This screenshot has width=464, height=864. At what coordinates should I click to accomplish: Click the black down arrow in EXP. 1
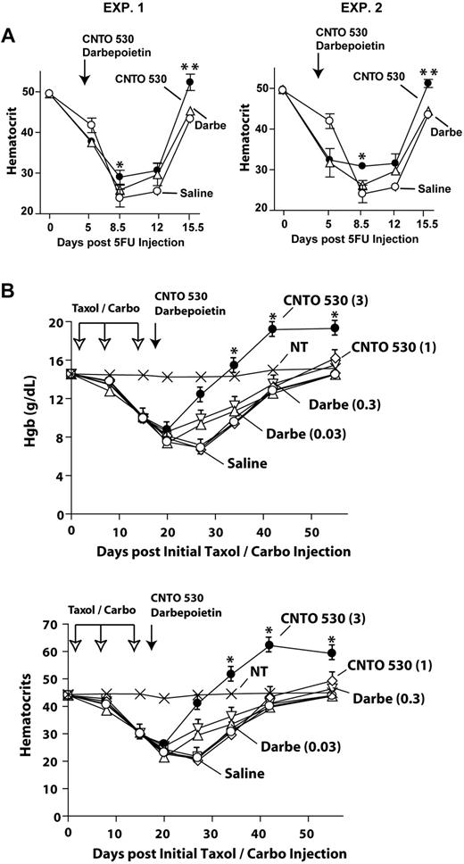click(x=84, y=75)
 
